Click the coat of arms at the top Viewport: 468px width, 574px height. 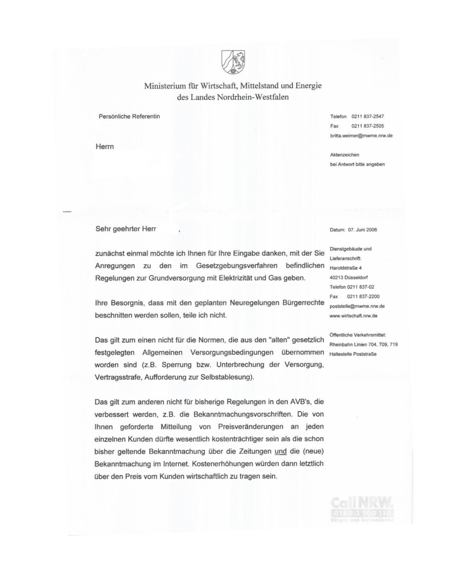(233, 62)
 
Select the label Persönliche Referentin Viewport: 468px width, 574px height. (129, 116)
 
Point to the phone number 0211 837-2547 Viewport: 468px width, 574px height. (367, 116)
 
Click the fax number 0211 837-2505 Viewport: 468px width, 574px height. (367, 126)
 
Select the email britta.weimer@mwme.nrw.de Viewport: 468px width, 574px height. (361, 136)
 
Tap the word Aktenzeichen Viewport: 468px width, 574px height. (344, 155)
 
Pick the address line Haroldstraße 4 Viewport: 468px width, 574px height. (345, 268)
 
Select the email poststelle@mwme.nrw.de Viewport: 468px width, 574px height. (357, 306)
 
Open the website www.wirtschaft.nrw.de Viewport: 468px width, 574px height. (353, 316)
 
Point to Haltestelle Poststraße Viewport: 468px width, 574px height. (353, 354)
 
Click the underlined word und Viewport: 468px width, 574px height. (280, 451)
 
